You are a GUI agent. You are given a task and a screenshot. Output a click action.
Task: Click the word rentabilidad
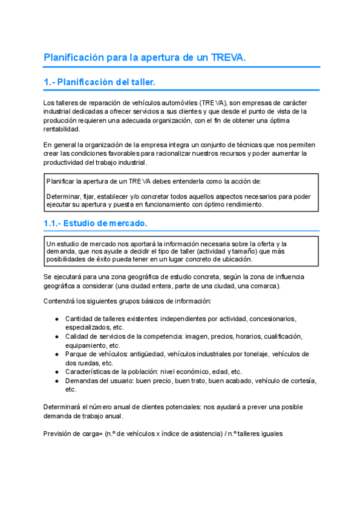click(x=62, y=129)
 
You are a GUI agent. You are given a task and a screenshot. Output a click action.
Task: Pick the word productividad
click(x=67, y=162)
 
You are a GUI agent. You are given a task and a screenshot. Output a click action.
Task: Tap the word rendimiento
click(x=240, y=204)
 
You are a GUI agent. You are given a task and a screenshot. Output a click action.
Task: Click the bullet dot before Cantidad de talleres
click(x=56, y=318)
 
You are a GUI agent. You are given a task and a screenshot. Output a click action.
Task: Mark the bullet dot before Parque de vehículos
click(x=56, y=354)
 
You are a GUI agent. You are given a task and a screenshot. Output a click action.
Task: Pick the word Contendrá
click(x=60, y=301)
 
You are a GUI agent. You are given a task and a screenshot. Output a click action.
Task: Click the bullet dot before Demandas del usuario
click(x=56, y=380)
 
